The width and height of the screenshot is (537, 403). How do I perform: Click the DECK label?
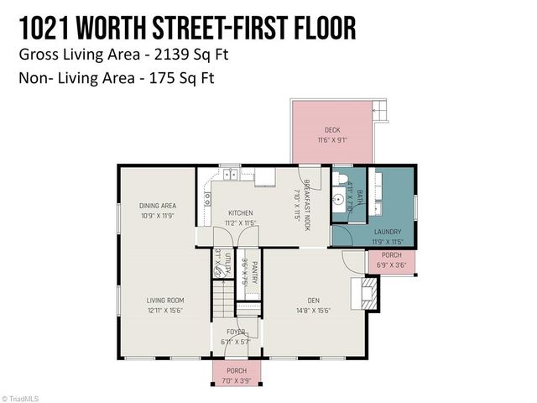(333, 130)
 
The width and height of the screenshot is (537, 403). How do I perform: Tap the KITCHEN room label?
(240, 213)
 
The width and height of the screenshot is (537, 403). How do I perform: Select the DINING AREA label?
(157, 206)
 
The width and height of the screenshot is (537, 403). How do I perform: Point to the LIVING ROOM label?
(165, 301)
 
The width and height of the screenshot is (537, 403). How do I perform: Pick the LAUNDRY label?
(388, 232)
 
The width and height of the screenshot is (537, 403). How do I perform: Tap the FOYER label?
(236, 332)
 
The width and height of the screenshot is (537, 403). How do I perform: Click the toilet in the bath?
(339, 179)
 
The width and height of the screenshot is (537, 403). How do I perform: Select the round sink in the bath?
(337, 201)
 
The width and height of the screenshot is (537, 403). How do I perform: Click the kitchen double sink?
(228, 175)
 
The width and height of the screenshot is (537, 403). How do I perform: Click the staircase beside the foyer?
(221, 298)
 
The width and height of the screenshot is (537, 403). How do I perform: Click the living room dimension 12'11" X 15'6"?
(165, 311)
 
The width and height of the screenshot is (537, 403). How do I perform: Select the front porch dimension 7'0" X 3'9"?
(237, 380)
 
